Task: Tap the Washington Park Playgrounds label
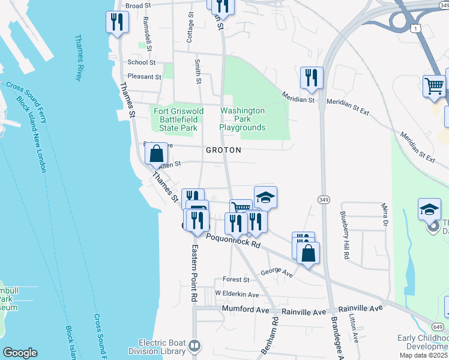coord(243,119)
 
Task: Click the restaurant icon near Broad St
coord(117,23)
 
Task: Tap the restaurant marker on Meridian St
coord(312,78)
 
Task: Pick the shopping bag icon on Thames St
coord(156,154)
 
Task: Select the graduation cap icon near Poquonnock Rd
coord(266,196)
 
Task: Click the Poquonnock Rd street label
coord(233,241)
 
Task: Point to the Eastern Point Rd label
coord(194,272)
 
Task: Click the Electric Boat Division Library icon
coord(194,346)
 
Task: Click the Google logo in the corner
coord(20,353)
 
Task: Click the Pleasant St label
coord(145,77)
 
